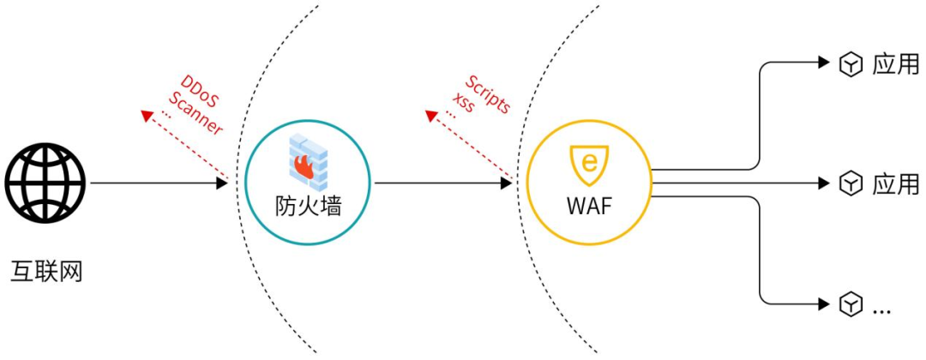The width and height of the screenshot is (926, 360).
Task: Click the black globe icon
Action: tap(45, 183)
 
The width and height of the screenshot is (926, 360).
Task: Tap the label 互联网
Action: tap(46, 272)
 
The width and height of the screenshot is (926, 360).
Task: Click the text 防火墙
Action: tap(308, 206)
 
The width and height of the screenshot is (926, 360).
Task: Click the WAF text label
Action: tap(589, 207)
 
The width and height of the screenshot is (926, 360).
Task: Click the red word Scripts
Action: tap(488, 95)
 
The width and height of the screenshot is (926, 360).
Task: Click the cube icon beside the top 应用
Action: tap(850, 64)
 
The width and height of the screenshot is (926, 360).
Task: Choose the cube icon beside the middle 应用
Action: tap(850, 183)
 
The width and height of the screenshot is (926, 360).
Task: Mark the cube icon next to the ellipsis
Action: tap(850, 303)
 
